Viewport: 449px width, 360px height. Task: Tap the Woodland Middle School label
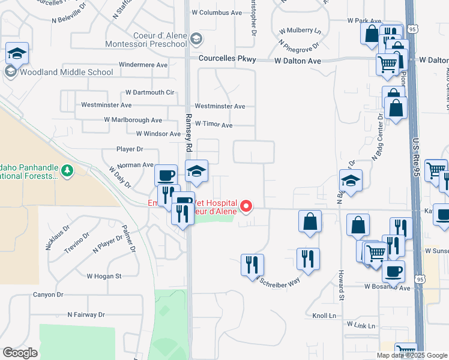tap(66, 73)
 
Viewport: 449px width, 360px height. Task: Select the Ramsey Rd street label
tap(188, 133)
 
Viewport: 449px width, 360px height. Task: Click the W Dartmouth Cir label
tap(149, 92)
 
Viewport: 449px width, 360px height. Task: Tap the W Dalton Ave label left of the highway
tap(298, 61)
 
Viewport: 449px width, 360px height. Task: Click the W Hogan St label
tap(104, 276)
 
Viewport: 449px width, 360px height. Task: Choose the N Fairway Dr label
tap(86, 314)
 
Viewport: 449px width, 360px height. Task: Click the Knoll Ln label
tap(325, 315)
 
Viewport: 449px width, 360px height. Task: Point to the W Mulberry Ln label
tap(300, 30)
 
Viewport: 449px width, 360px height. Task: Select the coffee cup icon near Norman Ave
tap(166, 175)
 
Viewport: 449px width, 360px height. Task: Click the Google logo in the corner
tap(20, 353)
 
